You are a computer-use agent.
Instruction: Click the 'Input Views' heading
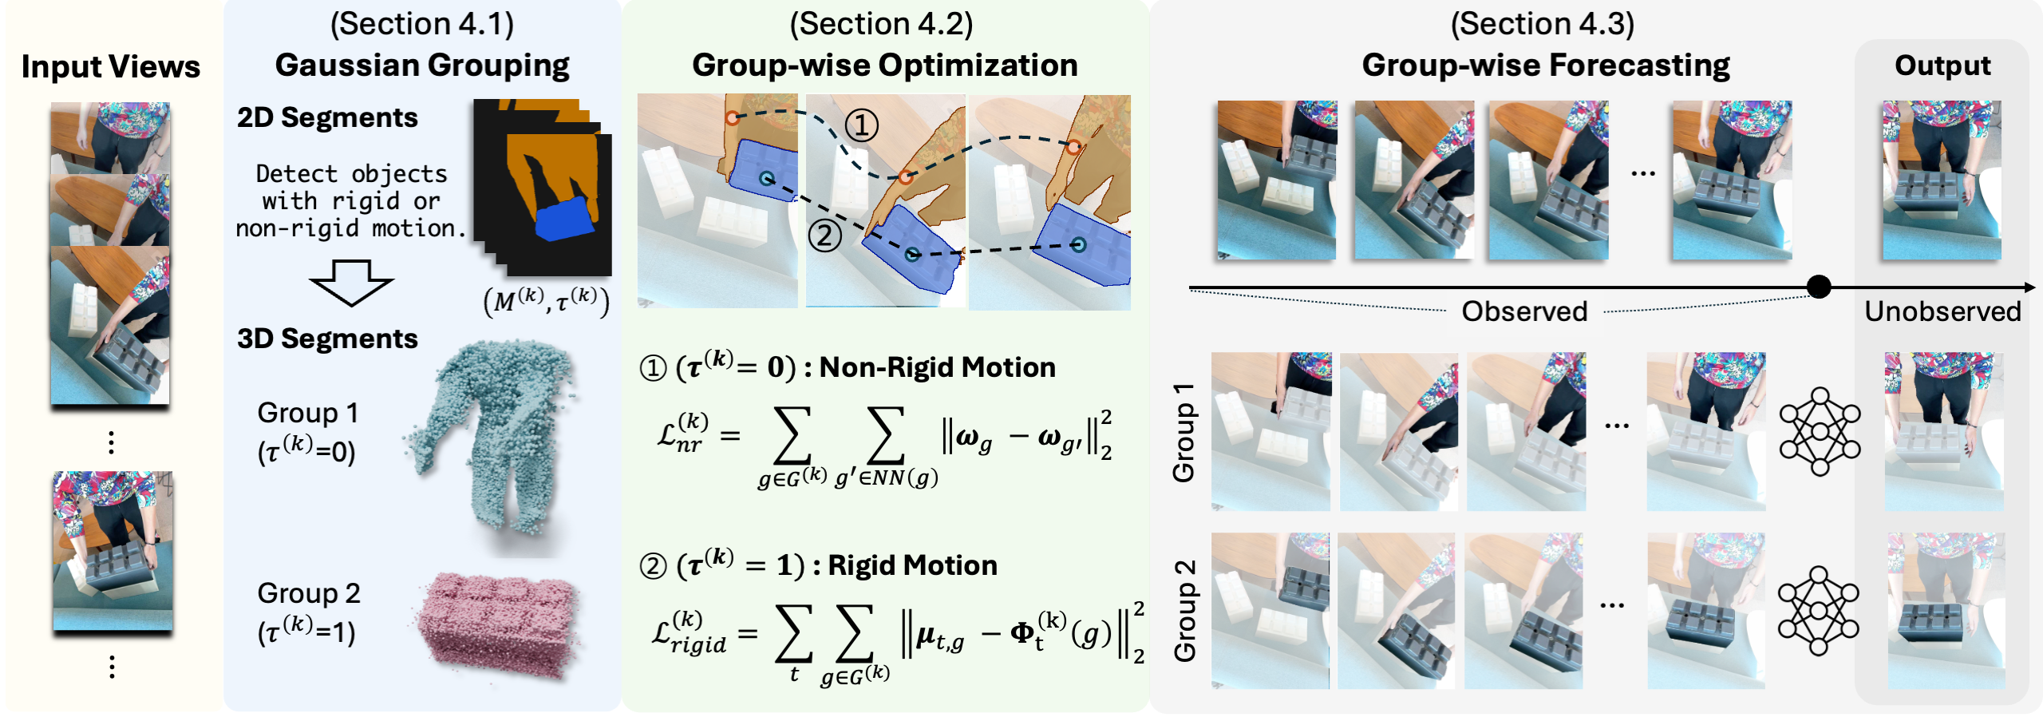pos(111,67)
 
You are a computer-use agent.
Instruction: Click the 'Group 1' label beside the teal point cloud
pos(307,414)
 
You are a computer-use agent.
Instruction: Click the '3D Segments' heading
pos(327,339)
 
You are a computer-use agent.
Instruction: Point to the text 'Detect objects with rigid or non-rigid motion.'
pos(351,201)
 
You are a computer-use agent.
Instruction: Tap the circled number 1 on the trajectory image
pos(862,125)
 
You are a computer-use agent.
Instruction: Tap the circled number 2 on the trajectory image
pos(825,236)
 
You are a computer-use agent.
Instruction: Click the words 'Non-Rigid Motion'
pos(937,367)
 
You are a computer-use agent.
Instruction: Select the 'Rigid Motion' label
pos(912,565)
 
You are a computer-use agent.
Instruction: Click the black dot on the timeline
pos(1819,287)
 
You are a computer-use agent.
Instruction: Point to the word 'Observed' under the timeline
pos(1524,311)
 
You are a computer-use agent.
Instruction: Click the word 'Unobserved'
pos(1942,311)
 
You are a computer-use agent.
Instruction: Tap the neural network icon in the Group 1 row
pos(1820,431)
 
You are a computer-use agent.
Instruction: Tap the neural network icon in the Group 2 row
pos(1818,611)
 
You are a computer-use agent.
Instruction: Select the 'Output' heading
pos(1942,65)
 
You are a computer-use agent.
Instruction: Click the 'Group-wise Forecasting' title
pos(1546,65)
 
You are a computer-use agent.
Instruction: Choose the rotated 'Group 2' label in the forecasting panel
pos(1185,611)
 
